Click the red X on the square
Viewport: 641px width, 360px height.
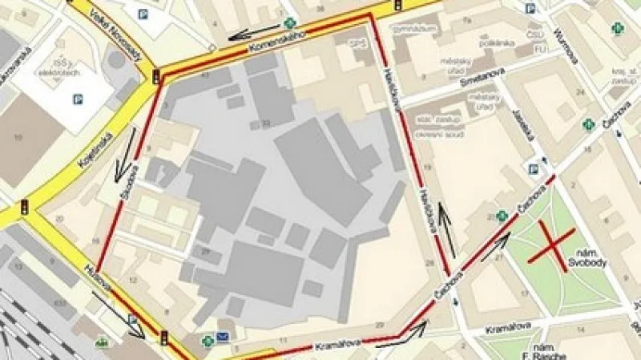click(552, 244)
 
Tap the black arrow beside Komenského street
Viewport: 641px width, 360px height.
click(251, 33)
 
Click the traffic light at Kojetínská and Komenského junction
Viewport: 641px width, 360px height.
click(156, 77)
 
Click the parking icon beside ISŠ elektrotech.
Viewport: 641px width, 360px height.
click(78, 99)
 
